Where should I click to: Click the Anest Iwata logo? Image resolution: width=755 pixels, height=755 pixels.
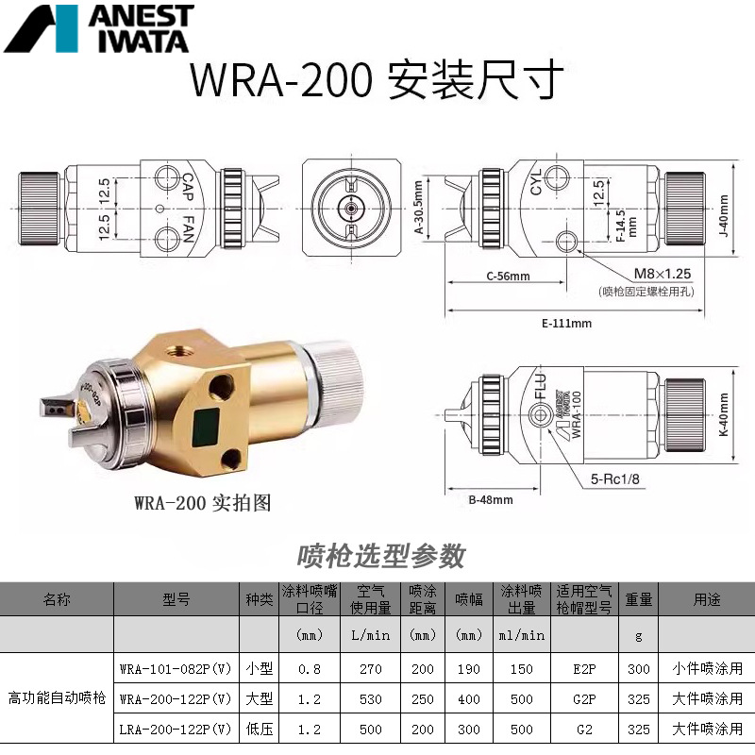point(98,28)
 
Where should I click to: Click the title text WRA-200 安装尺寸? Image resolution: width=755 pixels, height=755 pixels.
point(377,81)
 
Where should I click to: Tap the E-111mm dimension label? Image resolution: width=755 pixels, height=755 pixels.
point(566,323)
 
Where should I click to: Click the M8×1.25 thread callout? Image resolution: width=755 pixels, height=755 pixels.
point(663,273)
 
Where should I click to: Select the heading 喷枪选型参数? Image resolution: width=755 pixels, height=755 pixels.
point(381,556)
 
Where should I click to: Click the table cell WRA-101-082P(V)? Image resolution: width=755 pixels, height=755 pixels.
point(176,669)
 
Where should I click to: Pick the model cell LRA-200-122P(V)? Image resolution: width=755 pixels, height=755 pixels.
point(176,729)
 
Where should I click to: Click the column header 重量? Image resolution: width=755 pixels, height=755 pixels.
point(639,599)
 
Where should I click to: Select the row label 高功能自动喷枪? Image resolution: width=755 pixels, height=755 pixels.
point(57,699)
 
